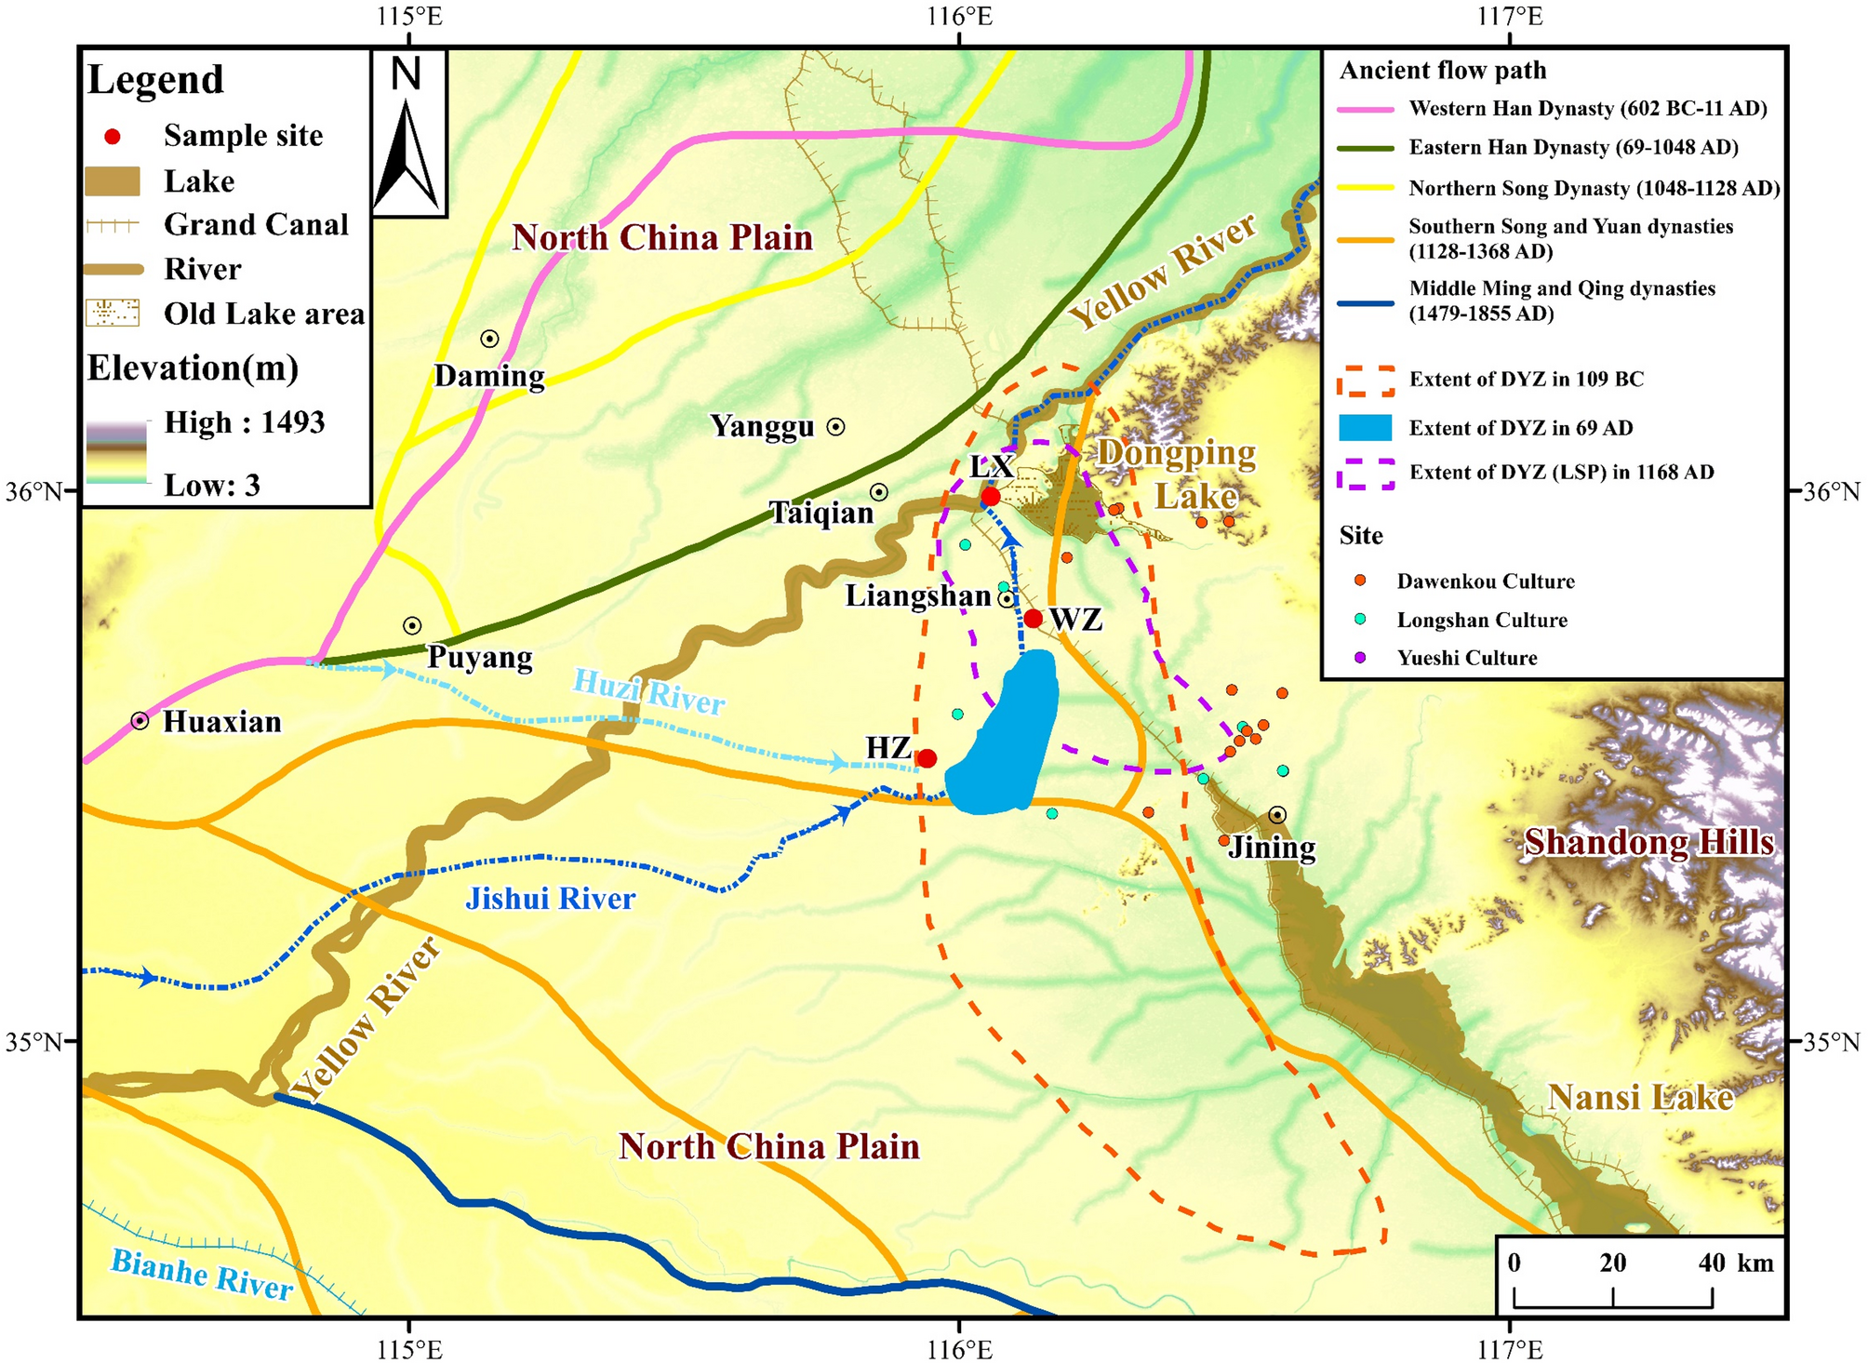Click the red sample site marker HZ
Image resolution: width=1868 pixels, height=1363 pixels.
(x=927, y=758)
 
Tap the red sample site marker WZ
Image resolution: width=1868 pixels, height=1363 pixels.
(x=1033, y=619)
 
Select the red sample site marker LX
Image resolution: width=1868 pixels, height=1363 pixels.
(x=991, y=497)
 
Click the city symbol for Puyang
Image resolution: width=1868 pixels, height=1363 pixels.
(x=412, y=626)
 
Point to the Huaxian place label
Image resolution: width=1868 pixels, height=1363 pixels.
(x=221, y=722)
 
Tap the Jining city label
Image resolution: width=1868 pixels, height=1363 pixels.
(x=1272, y=847)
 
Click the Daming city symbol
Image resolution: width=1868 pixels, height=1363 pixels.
(x=489, y=339)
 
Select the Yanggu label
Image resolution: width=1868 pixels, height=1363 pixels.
(x=763, y=427)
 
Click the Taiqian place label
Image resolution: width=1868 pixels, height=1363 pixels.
(x=821, y=513)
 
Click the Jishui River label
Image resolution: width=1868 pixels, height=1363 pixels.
(x=550, y=899)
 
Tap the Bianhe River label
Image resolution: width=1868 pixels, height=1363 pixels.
(x=202, y=1274)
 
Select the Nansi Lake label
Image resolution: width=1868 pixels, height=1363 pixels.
(x=1640, y=1098)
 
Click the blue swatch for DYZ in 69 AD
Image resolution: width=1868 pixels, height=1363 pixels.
(x=1365, y=428)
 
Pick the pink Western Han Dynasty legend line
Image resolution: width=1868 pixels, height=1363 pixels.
(x=1365, y=109)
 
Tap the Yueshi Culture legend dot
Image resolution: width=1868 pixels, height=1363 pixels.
(x=1360, y=658)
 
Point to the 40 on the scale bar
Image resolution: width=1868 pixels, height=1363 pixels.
(x=1711, y=1263)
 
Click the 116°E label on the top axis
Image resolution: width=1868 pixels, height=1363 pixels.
(x=959, y=16)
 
